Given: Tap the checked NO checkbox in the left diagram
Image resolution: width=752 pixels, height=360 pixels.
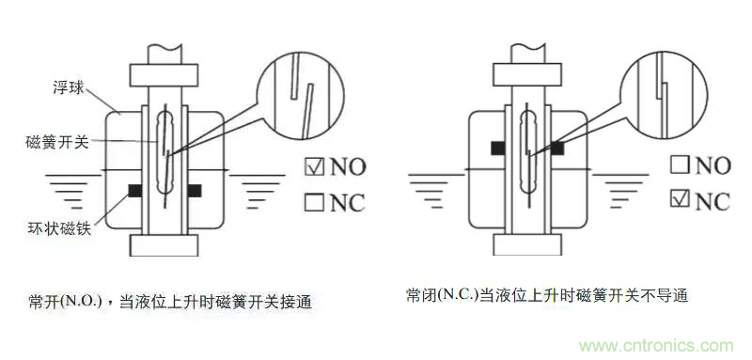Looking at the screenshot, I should tap(313, 167).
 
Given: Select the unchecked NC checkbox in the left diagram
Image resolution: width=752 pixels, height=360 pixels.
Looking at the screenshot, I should tap(313, 202).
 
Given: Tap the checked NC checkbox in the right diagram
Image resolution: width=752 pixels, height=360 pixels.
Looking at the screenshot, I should tap(679, 200).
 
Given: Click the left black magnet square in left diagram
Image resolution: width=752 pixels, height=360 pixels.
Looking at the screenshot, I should tap(134, 190).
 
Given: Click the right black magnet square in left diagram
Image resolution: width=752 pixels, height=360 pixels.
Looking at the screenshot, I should tap(195, 190).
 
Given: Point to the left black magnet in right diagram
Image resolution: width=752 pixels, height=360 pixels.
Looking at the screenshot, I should tap(495, 147).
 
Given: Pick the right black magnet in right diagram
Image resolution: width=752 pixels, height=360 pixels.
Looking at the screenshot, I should tap(556, 147).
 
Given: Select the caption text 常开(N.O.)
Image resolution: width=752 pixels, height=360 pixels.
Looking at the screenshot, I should tap(68, 303).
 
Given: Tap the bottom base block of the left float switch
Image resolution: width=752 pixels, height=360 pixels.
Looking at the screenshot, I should tap(164, 246).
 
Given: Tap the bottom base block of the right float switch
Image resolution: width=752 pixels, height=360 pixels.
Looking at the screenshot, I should tap(526, 244).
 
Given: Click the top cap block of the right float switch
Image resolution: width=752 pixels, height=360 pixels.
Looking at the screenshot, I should tap(527, 73).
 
